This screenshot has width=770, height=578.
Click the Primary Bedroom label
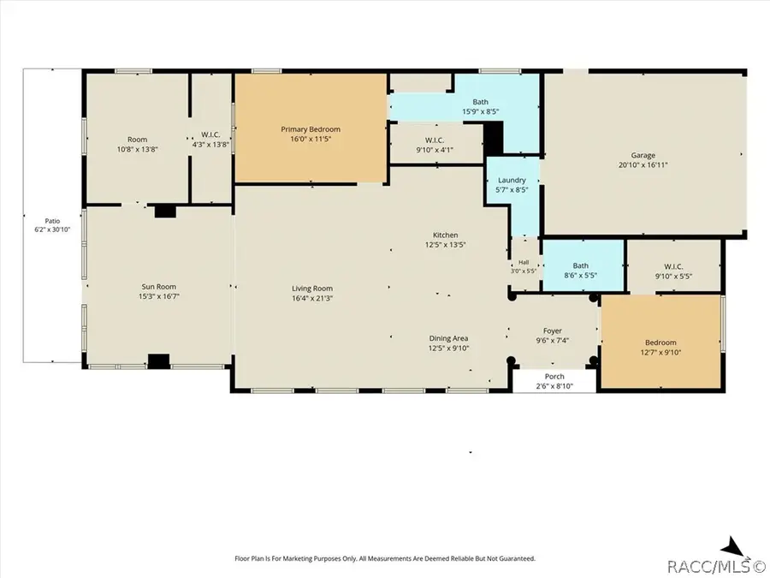point(311,129)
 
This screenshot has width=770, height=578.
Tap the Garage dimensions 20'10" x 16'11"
point(643,165)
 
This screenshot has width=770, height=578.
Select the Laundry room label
point(512,181)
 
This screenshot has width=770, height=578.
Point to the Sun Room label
point(158,287)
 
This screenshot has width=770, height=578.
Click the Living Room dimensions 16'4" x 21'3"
point(312,298)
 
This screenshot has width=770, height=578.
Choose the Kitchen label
point(446,235)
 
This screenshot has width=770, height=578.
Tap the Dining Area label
point(448,338)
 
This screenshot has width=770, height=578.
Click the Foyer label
point(553,331)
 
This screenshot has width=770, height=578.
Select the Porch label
point(554,377)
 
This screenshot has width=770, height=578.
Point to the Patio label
point(52,221)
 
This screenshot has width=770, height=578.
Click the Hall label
point(524,263)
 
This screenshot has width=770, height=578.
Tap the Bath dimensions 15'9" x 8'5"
point(480,111)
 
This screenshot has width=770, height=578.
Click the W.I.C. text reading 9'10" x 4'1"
point(435,150)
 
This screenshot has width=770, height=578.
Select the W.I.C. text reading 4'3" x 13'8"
point(210,145)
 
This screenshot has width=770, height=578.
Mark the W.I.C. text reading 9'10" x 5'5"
point(673,277)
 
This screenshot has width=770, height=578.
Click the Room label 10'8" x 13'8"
point(138,140)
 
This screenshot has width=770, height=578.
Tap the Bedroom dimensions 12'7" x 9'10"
point(660,353)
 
